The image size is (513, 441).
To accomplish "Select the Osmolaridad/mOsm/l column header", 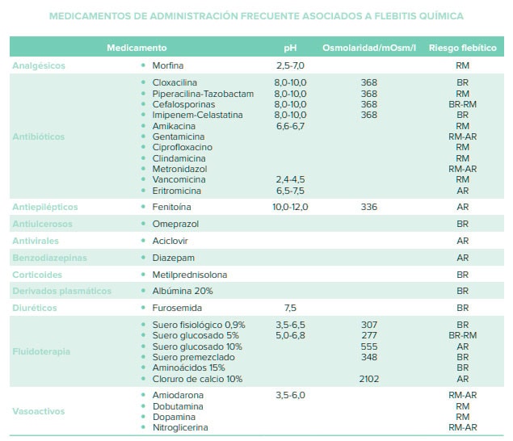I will (x=369, y=48).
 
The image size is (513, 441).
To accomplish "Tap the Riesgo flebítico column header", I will (x=462, y=48).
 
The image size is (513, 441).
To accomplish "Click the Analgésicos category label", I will (x=38, y=65).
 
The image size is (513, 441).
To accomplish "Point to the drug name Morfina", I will (x=168, y=65).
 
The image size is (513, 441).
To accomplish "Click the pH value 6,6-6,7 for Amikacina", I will (x=291, y=126).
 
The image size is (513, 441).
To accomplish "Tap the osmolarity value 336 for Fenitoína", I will (x=369, y=207).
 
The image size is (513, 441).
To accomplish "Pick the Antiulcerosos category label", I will (x=42, y=224).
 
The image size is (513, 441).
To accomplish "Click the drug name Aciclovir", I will (x=170, y=241).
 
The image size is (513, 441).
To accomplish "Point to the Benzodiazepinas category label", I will (x=49, y=258).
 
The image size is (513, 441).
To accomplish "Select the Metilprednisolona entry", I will (x=190, y=275).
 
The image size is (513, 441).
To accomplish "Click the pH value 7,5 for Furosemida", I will (x=291, y=308).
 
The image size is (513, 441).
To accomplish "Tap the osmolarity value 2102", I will (x=369, y=378).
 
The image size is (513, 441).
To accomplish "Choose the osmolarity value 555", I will (x=369, y=346).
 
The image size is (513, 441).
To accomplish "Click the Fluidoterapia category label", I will (x=41, y=351).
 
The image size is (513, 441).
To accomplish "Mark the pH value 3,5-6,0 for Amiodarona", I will (x=291, y=394).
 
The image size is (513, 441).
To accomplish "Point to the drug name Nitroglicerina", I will (x=180, y=427).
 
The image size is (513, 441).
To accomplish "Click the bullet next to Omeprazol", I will (x=143, y=224).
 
